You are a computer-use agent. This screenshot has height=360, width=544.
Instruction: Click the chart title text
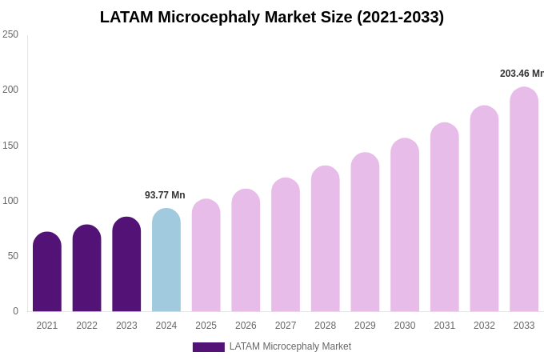click(x=272, y=17)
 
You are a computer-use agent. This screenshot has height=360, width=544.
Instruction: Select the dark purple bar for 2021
click(x=47, y=272)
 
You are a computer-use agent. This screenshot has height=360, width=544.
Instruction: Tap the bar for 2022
click(x=86, y=269)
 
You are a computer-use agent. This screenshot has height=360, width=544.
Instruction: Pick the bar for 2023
click(x=126, y=265)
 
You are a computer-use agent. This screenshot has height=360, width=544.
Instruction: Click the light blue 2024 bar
click(x=166, y=261)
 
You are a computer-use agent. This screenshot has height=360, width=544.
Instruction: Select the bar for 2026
click(x=246, y=250)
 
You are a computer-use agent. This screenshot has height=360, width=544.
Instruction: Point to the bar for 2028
click(x=326, y=239)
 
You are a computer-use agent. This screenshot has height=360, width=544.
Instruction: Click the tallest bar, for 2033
click(x=524, y=199)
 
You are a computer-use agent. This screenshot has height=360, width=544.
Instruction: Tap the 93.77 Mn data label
click(x=165, y=195)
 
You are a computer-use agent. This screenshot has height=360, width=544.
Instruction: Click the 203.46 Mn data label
click(x=522, y=74)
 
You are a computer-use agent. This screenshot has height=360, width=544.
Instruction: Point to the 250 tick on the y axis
click(x=10, y=34)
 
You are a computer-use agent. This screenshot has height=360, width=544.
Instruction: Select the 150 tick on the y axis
click(x=10, y=146)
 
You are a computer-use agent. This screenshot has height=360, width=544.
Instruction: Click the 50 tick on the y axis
click(x=13, y=256)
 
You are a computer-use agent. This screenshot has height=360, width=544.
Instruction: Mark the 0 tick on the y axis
click(x=15, y=311)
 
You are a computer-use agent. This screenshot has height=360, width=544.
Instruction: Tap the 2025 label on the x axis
click(x=206, y=326)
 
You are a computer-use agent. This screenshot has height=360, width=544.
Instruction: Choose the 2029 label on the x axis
click(x=365, y=326)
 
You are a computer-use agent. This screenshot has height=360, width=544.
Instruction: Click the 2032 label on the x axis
click(x=484, y=326)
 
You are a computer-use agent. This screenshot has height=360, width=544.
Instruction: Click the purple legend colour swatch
click(x=208, y=347)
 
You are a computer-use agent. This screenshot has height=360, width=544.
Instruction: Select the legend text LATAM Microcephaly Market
click(x=290, y=346)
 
